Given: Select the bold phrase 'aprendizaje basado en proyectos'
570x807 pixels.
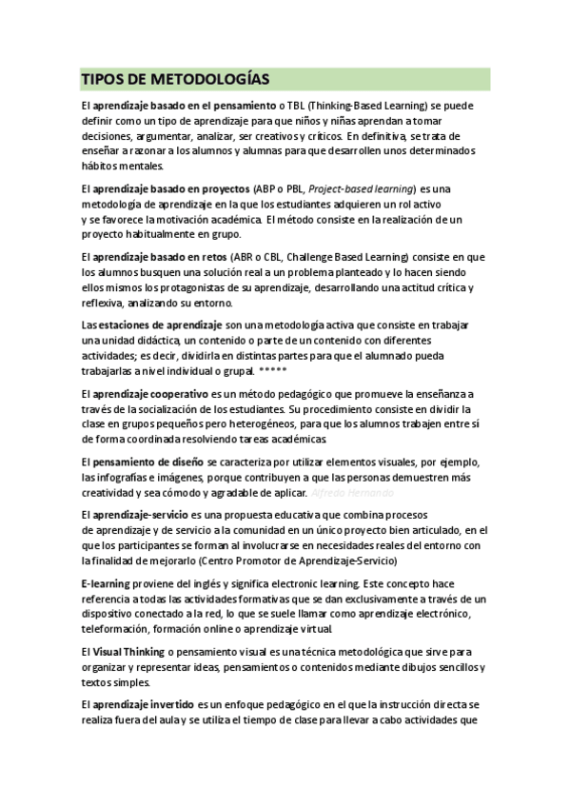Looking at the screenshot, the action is click(x=171, y=189).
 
